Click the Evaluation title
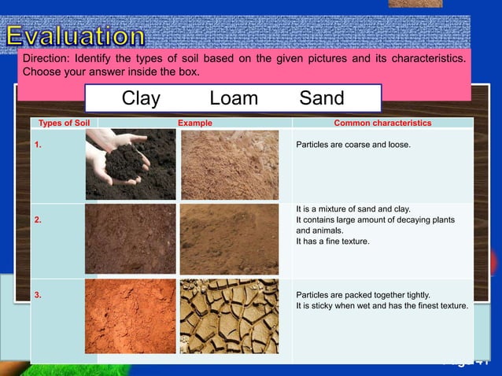pyautogui.click(x=76, y=36)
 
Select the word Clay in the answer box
pyautogui.click(x=141, y=98)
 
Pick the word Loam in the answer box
pyautogui.click(x=234, y=98)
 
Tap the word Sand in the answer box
pyautogui.click(x=322, y=98)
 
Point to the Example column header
pyautogui.click(x=194, y=123)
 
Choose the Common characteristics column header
pyautogui.click(x=382, y=123)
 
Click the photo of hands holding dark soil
pyautogui.click(x=131, y=164)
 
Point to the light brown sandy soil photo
pyautogui.click(x=229, y=164)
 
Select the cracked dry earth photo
pyautogui.click(x=229, y=316)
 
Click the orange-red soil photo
pyautogui.click(x=131, y=316)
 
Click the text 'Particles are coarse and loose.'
pyautogui.click(x=353, y=145)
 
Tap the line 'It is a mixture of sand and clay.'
pyautogui.click(x=353, y=209)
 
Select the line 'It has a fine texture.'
pyautogui.click(x=333, y=241)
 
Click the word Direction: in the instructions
pyautogui.click(x=45, y=59)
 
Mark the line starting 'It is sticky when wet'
pyautogui.click(x=382, y=306)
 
